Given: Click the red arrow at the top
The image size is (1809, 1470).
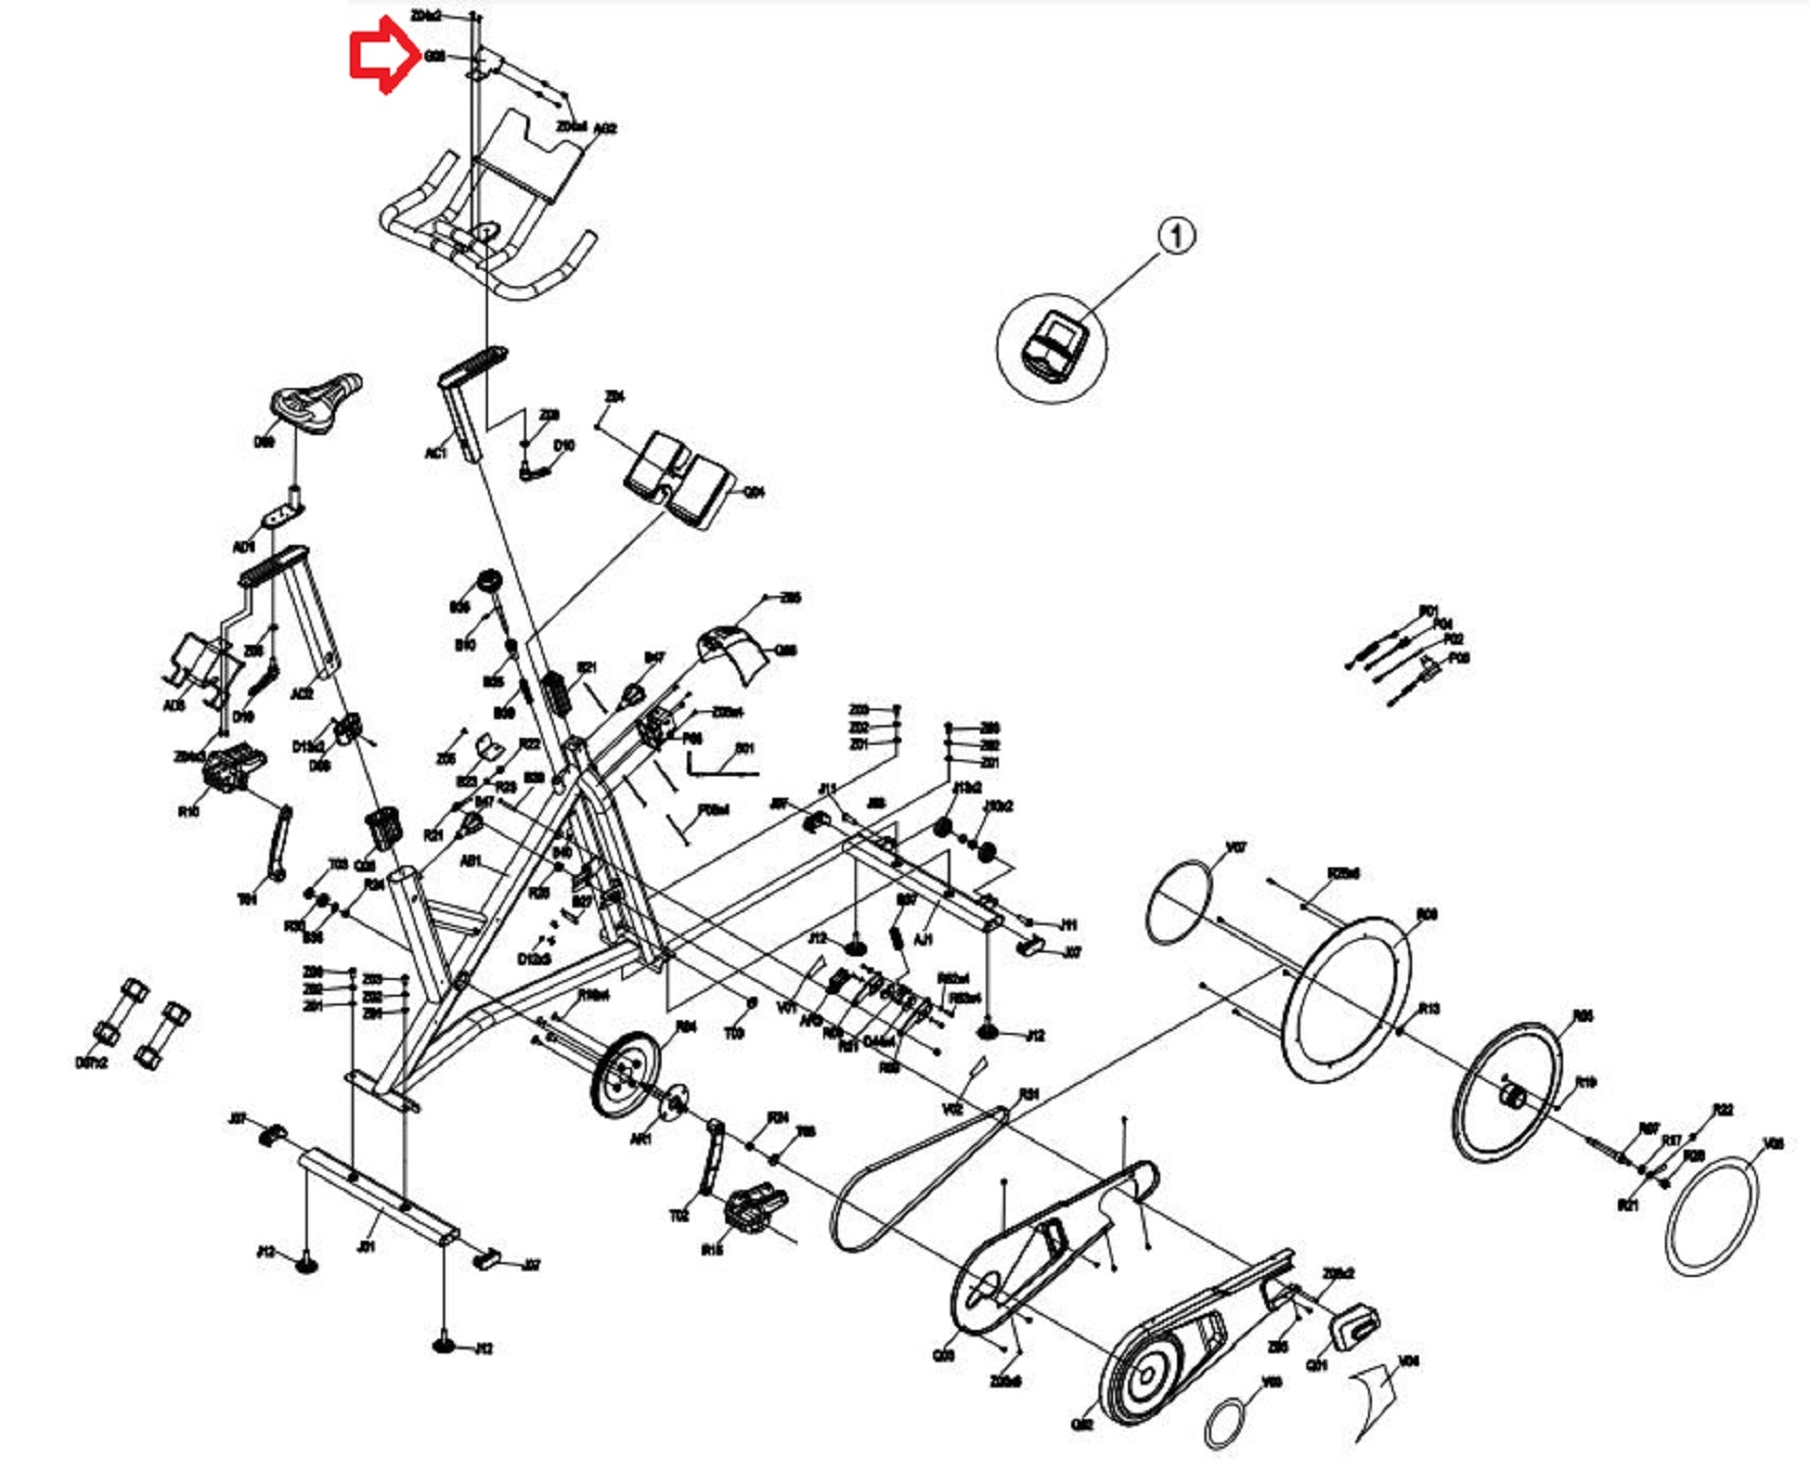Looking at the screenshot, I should pyautogui.click(x=382, y=57).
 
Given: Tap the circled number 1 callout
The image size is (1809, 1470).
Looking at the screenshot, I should pyautogui.click(x=1177, y=236).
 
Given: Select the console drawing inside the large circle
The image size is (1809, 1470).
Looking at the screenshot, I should pyautogui.click(x=1053, y=348).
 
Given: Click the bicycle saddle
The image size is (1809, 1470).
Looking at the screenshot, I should pyautogui.click(x=316, y=402).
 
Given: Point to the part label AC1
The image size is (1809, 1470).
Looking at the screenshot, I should pyautogui.click(x=435, y=453).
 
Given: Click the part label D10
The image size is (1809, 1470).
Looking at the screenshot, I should pyautogui.click(x=563, y=446).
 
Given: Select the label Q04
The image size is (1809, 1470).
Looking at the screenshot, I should pyautogui.click(x=754, y=492).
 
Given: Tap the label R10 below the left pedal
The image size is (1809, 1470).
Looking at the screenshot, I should pyautogui.click(x=188, y=811).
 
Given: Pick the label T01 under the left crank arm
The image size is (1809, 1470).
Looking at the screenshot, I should pyautogui.click(x=247, y=898).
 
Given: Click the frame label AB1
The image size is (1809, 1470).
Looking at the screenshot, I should pyautogui.click(x=470, y=861).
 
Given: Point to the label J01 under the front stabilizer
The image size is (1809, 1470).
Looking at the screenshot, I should pyautogui.click(x=366, y=1248).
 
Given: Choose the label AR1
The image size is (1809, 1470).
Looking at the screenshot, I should pyautogui.click(x=641, y=1140).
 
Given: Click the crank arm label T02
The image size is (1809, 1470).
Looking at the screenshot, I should pyautogui.click(x=679, y=1216).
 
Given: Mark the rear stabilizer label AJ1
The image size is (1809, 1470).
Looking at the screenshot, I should pyautogui.click(x=922, y=940).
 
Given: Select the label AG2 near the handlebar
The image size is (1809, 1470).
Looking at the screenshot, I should pyautogui.click(x=605, y=128).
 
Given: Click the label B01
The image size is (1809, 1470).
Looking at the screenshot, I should pyautogui.click(x=745, y=749).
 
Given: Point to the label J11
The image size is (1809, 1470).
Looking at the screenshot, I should pyautogui.click(x=1068, y=924).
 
